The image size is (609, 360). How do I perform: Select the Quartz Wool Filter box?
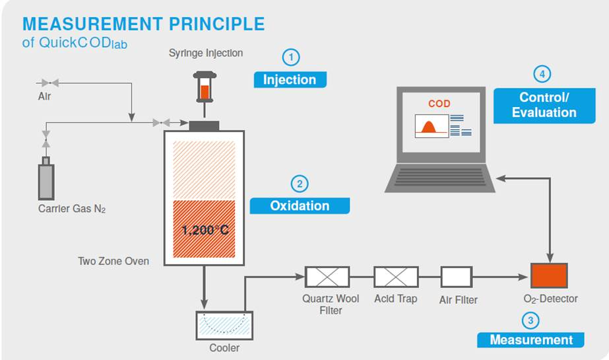tap(327, 277)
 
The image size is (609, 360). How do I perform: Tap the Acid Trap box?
tap(396, 277)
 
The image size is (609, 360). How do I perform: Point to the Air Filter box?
tap(457, 277)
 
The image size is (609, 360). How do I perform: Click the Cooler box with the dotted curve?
tap(224, 325)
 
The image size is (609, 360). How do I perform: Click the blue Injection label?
tap(290, 80)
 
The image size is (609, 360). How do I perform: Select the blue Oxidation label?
tap(300, 205)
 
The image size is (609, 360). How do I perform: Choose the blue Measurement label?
tap(531, 340)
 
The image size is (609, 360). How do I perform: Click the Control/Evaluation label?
tap(544, 105)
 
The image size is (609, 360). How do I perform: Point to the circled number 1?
tap(290, 57)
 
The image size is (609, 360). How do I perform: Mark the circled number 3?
tap(531, 321)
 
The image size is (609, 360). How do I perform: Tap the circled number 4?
tap(542, 74)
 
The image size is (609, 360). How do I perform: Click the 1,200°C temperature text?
tap(205, 231)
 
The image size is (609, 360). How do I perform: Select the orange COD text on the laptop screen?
tap(439, 104)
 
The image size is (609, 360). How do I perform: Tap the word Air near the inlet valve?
tap(44, 96)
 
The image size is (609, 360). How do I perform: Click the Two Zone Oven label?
tap(113, 261)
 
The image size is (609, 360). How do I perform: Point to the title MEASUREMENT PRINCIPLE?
tap(143, 24)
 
